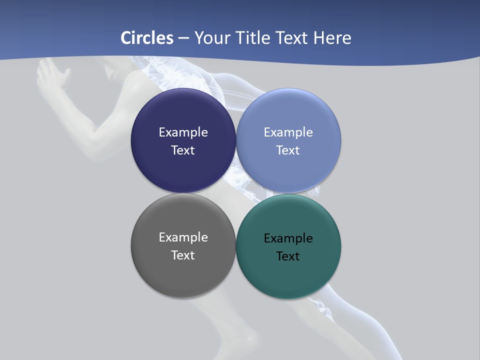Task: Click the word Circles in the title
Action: tap(147, 38)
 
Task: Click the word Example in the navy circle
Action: tap(183, 132)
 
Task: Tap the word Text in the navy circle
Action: tap(183, 150)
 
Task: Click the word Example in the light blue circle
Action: tap(288, 132)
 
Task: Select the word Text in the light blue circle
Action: tap(288, 150)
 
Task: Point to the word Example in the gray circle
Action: tap(183, 237)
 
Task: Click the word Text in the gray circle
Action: tap(183, 255)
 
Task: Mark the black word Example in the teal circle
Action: tap(288, 238)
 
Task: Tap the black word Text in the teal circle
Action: tap(288, 256)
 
